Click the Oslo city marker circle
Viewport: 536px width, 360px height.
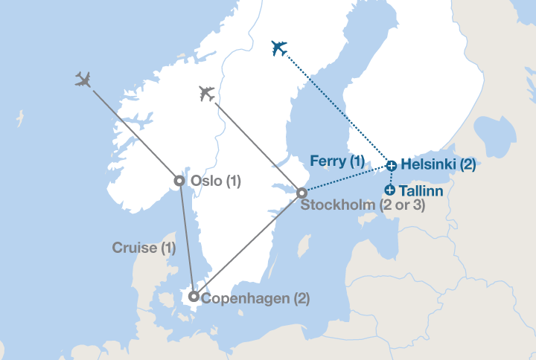pyautogui.click(x=179, y=180)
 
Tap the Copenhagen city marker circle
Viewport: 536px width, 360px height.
pyautogui.click(x=194, y=297)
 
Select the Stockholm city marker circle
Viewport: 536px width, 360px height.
pyautogui.click(x=301, y=193)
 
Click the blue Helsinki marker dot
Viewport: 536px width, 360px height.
pyautogui.click(x=392, y=165)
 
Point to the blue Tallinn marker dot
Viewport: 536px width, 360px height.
pyautogui.click(x=390, y=190)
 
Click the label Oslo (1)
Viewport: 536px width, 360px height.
pyautogui.click(x=216, y=181)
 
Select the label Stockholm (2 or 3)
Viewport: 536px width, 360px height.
pyautogui.click(x=363, y=205)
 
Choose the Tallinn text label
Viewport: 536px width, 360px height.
pyautogui.click(x=421, y=191)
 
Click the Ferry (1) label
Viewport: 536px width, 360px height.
pyautogui.click(x=337, y=161)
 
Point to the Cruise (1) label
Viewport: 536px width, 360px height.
pyautogui.click(x=144, y=248)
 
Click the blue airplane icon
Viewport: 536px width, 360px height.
pyautogui.click(x=279, y=48)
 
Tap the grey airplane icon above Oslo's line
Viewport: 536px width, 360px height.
pyautogui.click(x=83, y=79)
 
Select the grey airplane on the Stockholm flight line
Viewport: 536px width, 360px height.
pyautogui.click(x=207, y=94)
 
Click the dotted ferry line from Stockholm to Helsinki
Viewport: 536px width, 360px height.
pyautogui.click(x=346, y=179)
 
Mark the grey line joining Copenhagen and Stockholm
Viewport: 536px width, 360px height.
pyautogui.click(x=248, y=245)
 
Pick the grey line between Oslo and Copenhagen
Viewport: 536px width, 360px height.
pyautogui.click(x=186, y=238)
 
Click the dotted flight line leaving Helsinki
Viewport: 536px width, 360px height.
pyautogui.click(x=335, y=106)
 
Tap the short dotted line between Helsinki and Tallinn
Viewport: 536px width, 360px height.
pyautogui.click(x=391, y=178)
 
